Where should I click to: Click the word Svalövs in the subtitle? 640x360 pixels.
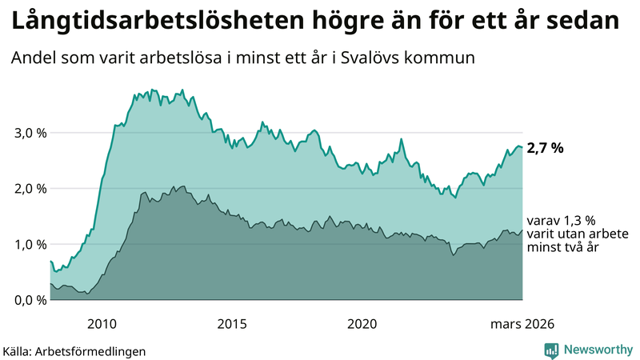(357, 58)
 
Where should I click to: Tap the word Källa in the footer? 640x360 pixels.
(18, 350)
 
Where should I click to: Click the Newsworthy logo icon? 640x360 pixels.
(551, 350)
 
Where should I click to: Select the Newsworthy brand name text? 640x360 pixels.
(598, 350)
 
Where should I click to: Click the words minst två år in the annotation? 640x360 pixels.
(564, 249)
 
